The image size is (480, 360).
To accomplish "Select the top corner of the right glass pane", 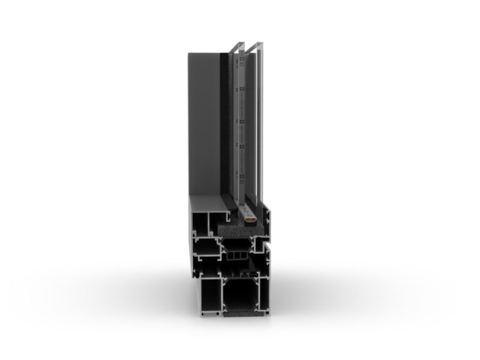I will (x=256, y=44).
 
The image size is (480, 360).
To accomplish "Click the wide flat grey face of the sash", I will (x=201, y=125).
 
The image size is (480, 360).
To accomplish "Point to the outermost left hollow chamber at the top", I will (x=201, y=222).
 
